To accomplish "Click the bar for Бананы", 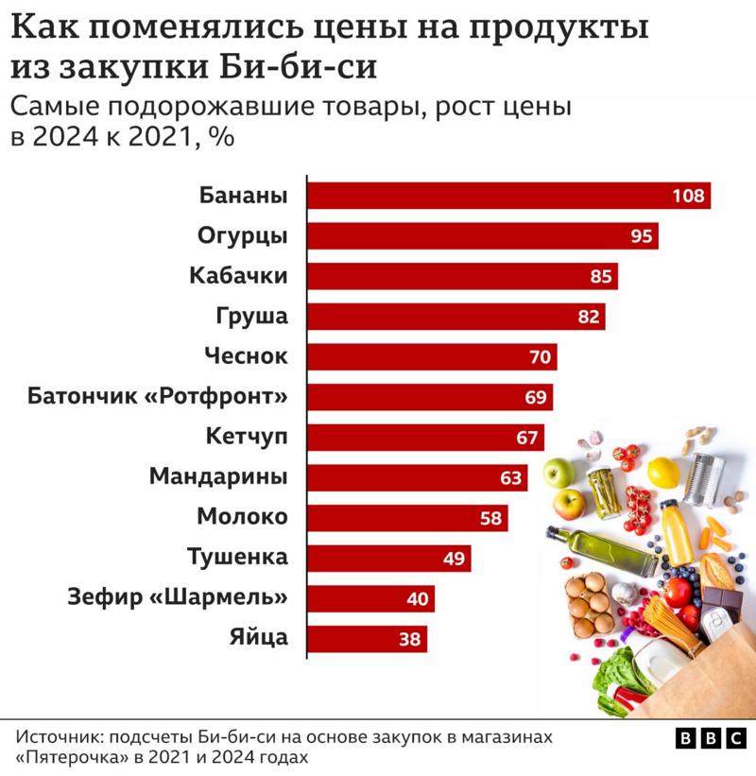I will [491, 196].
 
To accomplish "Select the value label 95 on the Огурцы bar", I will [642, 236].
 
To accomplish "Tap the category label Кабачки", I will [238, 276].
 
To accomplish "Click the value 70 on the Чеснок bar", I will [541, 357].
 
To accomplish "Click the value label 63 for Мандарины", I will [511, 478].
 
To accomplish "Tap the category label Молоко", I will [242, 518].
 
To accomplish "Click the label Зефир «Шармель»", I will [177, 598].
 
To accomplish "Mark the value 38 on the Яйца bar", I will [409, 640].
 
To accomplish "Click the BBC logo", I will [711, 739].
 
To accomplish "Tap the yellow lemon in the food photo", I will [663, 472].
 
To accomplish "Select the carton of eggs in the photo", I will [589, 604].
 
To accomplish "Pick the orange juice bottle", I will [676, 530].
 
